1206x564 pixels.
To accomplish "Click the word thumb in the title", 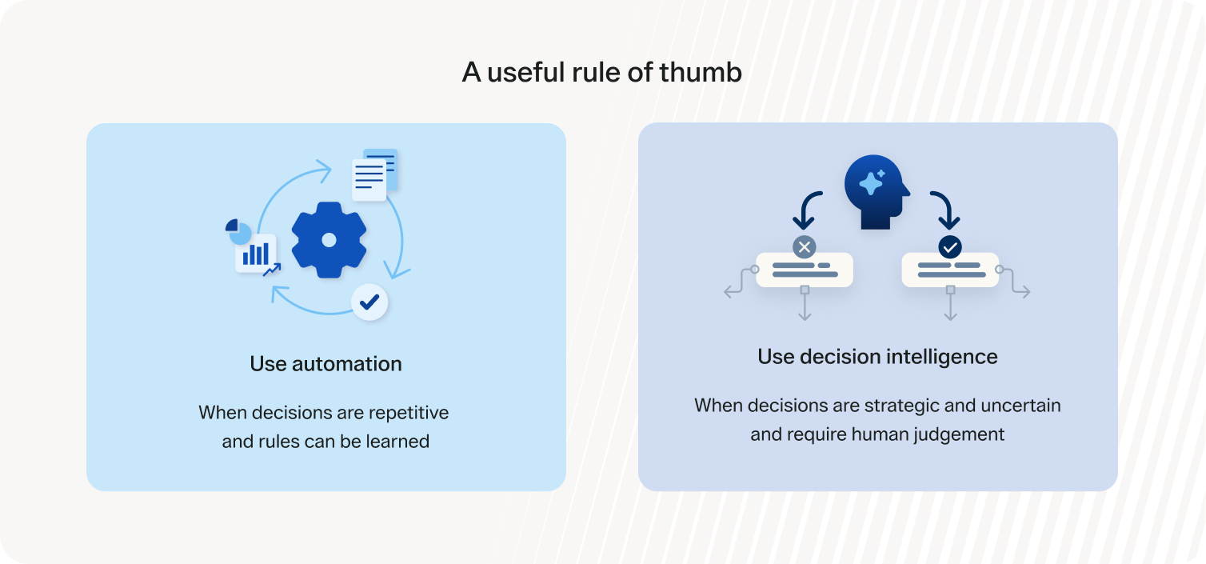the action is point(701,72).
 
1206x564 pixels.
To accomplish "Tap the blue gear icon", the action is point(329,240).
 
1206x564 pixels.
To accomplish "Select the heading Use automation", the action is point(325,364).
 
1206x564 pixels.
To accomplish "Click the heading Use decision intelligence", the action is point(877,357).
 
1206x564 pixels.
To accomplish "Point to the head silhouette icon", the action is point(877,192).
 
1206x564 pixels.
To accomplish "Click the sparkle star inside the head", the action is point(873,183).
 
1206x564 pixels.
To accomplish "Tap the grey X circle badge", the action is point(805,247).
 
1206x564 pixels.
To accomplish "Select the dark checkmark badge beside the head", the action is point(950,247).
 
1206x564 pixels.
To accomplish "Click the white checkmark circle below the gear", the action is point(369,302).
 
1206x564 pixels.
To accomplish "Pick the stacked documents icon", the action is point(375,174).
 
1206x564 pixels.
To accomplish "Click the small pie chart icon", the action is point(238,232).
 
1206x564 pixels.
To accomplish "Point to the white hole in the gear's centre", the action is point(329,240).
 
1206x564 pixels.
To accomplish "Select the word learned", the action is point(398,442).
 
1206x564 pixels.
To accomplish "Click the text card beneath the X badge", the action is point(805,270).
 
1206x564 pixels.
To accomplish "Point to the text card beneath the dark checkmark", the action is point(950,270).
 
